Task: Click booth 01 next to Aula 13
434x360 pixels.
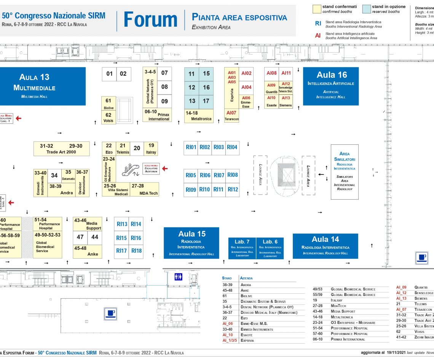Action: pos(109,74)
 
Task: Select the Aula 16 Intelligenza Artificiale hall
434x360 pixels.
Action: pos(331,86)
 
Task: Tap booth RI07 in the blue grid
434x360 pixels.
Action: pos(219,175)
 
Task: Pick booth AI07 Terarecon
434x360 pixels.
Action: pos(231,115)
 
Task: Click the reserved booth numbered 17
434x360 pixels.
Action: pos(206,101)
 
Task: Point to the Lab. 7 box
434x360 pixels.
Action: pos(242,248)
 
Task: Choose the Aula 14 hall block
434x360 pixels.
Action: pos(325,246)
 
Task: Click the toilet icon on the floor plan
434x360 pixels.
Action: pos(178,277)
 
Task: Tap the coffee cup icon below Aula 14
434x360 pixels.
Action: pos(421,258)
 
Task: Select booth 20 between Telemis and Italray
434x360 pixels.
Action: pos(137,148)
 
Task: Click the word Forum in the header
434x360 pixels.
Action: pos(150,20)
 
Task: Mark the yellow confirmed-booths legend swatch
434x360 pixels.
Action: pos(316,9)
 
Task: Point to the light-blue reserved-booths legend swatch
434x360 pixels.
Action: pos(366,9)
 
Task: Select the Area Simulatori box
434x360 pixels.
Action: pos(345,171)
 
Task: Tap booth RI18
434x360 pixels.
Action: pos(136,251)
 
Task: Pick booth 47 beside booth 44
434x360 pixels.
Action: pos(80,237)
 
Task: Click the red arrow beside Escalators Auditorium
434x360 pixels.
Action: pos(165,168)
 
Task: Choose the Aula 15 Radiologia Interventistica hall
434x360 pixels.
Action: pos(191,243)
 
